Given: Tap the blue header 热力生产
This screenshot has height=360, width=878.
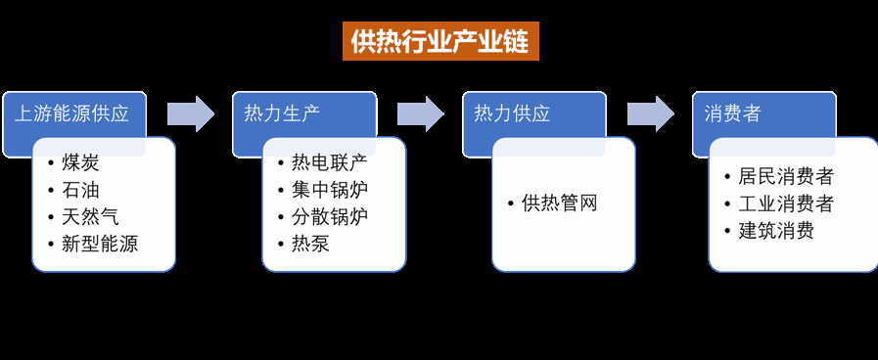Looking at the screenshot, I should [282, 113].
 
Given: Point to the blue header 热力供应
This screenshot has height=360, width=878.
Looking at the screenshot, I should [512, 113].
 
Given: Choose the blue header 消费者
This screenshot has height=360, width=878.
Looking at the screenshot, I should [732, 113].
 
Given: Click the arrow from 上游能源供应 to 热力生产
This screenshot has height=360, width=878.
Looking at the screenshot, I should [190, 113].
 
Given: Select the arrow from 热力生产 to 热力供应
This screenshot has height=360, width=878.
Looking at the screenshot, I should [420, 113].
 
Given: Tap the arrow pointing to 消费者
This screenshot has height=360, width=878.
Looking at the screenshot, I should [651, 113].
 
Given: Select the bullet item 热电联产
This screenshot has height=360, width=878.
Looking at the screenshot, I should [329, 162].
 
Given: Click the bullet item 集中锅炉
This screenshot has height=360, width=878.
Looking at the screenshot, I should [329, 190].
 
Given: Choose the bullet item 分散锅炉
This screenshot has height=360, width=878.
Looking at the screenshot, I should [329, 216].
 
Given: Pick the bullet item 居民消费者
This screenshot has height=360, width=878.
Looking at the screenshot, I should [785, 177].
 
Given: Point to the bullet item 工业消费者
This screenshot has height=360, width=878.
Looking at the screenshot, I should [785, 203].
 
